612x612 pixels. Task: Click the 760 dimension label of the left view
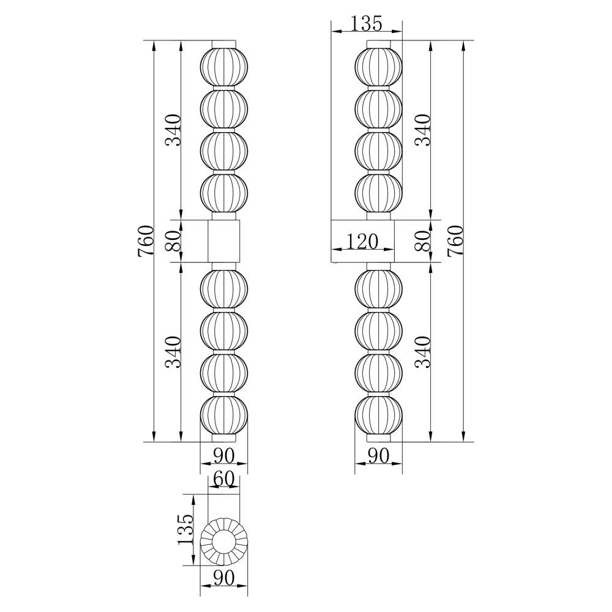(x=146, y=241)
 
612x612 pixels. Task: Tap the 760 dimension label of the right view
(x=455, y=241)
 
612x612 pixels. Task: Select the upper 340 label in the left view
(x=173, y=130)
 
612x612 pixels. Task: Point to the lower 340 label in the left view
(x=173, y=353)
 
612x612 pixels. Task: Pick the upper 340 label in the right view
(x=423, y=130)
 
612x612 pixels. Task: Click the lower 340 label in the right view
(x=423, y=353)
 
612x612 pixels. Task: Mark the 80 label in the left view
(x=173, y=241)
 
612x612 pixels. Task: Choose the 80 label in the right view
(x=423, y=241)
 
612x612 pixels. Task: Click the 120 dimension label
(x=362, y=242)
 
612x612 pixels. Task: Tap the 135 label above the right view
(x=366, y=23)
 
